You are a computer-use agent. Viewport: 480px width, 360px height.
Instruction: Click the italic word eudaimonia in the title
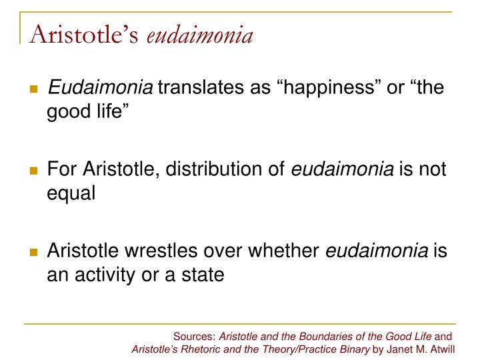point(199,34)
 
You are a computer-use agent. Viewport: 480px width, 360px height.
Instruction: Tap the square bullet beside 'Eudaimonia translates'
point(33,89)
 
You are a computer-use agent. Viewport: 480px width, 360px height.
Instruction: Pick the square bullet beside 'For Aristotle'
point(33,171)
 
